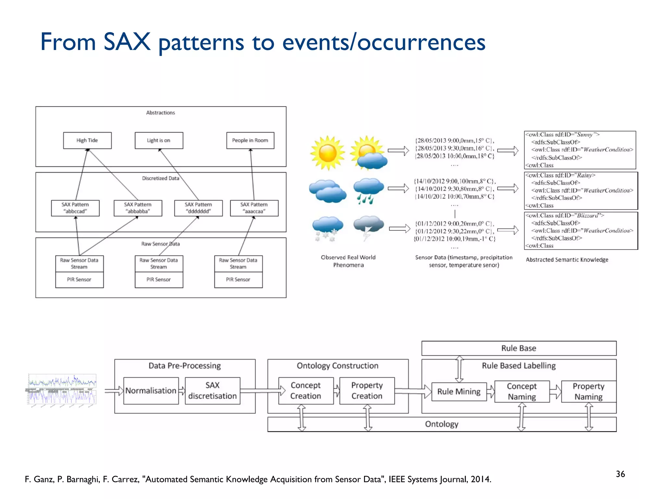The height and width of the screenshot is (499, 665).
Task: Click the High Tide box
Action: pyautogui.click(x=87, y=140)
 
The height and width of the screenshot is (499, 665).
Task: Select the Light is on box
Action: pyautogui.click(x=159, y=140)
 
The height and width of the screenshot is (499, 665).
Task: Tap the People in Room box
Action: pyautogui.click(x=250, y=140)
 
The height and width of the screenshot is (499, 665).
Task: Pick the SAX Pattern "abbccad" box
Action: pyautogui.click(x=75, y=208)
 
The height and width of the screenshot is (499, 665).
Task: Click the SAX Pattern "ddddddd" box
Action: pyautogui.click(x=198, y=208)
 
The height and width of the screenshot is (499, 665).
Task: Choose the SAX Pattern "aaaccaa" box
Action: pyautogui.click(x=254, y=208)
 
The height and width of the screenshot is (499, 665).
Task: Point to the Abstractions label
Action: pyautogui.click(x=160, y=113)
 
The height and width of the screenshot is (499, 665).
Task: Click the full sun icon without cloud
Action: pyautogui.click(x=327, y=153)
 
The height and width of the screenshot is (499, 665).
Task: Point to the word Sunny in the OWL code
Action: pyautogui.click(x=584, y=134)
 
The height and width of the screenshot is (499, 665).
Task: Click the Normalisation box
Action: pyautogui.click(x=151, y=390)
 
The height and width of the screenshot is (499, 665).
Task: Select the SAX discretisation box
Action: pyautogui.click(x=212, y=390)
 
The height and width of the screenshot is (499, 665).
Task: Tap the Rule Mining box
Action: pyautogui.click(x=459, y=391)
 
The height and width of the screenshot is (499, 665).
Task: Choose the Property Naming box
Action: pyautogui.click(x=588, y=391)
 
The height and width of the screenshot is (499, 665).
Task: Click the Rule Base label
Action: pyautogui.click(x=519, y=348)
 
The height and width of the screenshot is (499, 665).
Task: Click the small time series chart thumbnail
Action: pyautogui.click(x=62, y=389)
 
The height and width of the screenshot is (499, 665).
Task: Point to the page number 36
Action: pyautogui.click(x=620, y=474)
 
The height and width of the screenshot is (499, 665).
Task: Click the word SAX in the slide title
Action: pyautogui.click(x=127, y=42)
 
